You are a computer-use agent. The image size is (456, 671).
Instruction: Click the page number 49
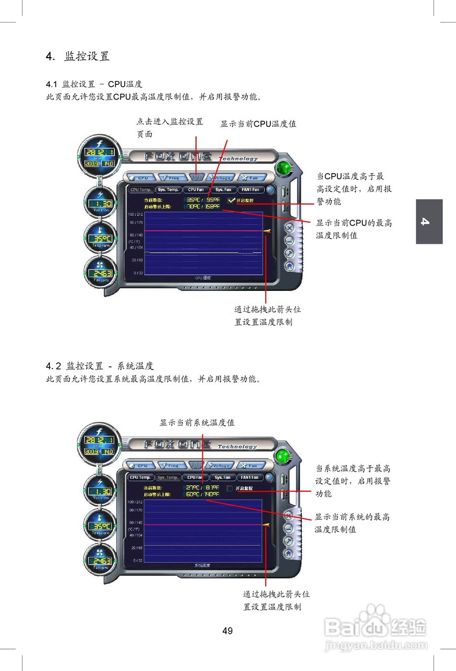tap(227, 631)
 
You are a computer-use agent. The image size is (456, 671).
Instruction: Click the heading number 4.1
tap(52, 84)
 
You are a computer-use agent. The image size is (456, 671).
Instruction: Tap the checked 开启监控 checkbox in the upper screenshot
tap(232, 200)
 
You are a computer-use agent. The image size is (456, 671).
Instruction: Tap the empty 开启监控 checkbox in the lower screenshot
tap(230, 488)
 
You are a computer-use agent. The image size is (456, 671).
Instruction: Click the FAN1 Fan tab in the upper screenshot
tap(250, 189)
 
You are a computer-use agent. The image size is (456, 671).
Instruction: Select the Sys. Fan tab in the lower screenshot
tap(223, 478)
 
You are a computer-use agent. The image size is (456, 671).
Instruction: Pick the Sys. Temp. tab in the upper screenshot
tap(168, 189)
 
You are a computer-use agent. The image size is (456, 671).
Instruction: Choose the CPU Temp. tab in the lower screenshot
tap(140, 478)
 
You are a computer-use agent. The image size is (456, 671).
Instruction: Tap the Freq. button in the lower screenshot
tap(170, 466)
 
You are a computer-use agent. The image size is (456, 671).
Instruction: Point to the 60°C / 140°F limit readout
tap(202, 494)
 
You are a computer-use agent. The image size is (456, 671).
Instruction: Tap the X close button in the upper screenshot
tap(289, 228)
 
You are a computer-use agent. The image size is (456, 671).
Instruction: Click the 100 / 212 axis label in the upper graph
tap(135, 214)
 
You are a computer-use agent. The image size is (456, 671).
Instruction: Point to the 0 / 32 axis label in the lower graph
tap(137, 560)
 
